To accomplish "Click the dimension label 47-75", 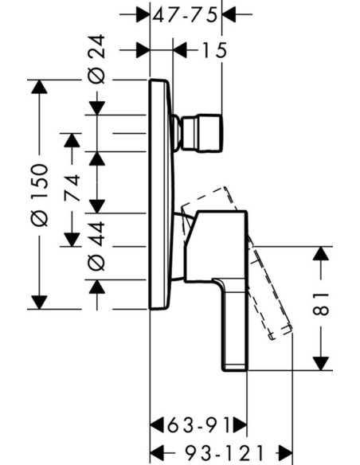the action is [185, 15].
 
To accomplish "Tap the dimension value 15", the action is [214, 50].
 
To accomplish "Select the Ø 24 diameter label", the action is [96, 59].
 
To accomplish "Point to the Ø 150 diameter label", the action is [39, 195].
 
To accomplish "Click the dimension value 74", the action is [72, 188].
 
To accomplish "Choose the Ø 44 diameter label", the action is [96, 246].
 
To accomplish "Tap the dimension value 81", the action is [321, 303].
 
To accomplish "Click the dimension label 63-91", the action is [198, 425].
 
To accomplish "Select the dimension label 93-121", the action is [224, 453].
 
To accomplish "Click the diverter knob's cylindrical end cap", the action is [202, 133].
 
